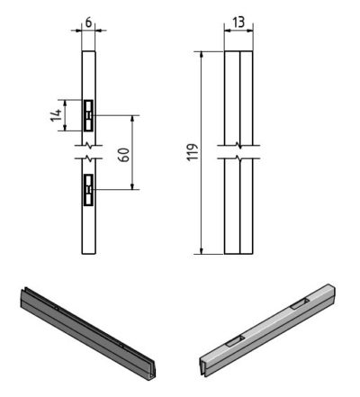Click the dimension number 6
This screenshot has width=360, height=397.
tap(88, 23)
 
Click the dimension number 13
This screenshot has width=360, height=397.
tap(238, 23)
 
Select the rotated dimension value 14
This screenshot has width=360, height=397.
tap(56, 115)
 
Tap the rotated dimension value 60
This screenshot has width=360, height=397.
tap(124, 155)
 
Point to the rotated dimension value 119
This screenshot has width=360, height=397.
tap(193, 152)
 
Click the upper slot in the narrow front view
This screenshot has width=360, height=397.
tap(88, 115)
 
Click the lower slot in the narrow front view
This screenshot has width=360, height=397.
tap(88, 190)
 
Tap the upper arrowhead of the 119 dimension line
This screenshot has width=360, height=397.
tap(202, 54)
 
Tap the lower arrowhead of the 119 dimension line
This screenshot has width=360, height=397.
tap(202, 251)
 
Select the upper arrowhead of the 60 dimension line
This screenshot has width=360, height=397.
tap(132, 118)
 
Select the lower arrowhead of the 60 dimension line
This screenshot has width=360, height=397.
tap(132, 186)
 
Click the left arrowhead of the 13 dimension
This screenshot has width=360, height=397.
tap(228, 31)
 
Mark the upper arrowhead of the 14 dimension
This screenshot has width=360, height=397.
tap(65, 103)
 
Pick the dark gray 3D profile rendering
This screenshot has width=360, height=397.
tap(88, 334)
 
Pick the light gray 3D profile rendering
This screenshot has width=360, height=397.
tap(267, 330)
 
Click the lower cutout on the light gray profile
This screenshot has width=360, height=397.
tap(236, 341)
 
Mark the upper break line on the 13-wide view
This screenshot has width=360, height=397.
tap(238, 146)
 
